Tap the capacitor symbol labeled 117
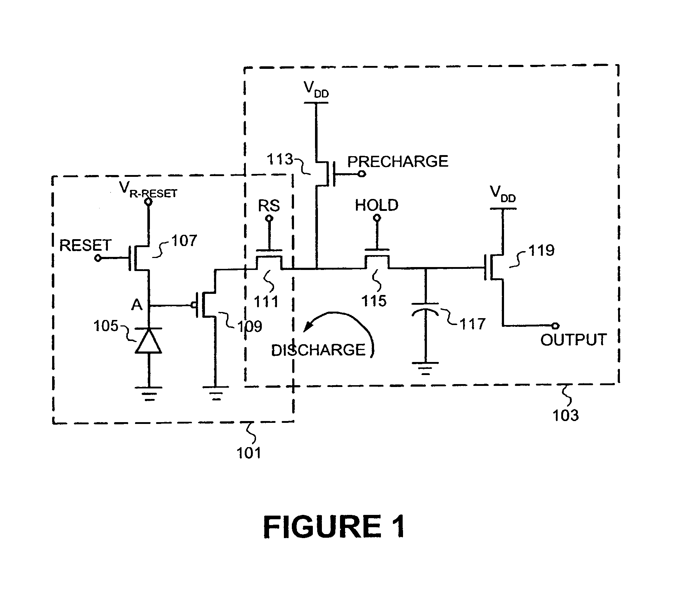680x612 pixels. pos(425,308)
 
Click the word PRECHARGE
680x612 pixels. pos(398,161)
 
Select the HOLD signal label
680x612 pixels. pos(377,205)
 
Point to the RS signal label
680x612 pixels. pos(269,206)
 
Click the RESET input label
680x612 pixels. pos(85,245)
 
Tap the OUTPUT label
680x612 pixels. pos(574,340)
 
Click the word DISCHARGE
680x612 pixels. pos(318,350)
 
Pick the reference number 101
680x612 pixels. pos(249,453)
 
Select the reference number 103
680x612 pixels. pos(565,415)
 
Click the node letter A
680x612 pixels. pos(137,305)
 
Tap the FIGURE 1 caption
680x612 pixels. pos(334,527)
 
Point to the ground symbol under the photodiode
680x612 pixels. pos(149,394)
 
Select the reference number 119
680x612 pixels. pos(541,250)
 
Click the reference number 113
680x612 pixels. pos(280,159)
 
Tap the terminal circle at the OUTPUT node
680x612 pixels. pos(556,326)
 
